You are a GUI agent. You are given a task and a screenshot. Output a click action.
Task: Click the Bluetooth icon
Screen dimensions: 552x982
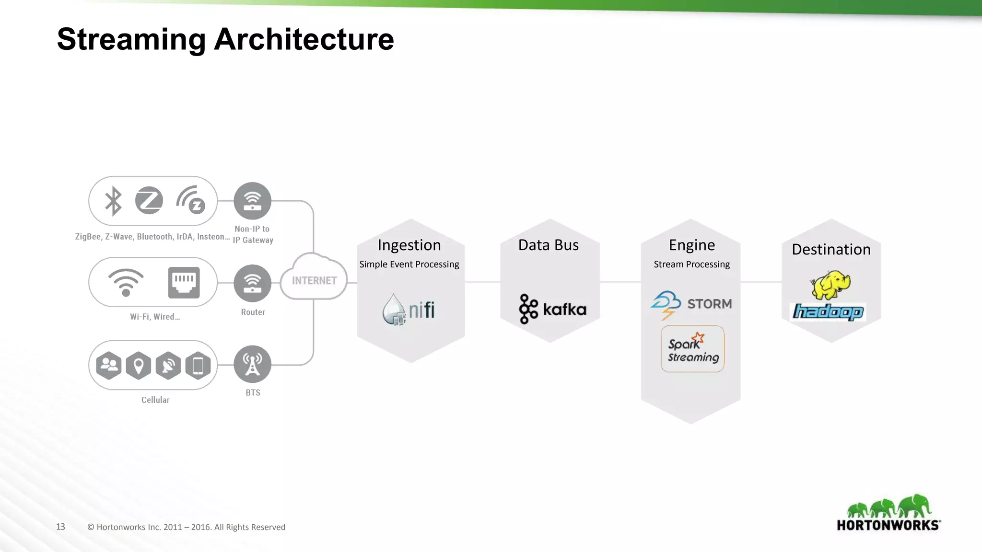point(113,201)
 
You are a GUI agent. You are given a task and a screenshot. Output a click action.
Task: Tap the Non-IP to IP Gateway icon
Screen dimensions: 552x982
point(252,201)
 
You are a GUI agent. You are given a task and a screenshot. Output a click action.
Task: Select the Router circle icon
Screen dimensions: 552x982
point(252,283)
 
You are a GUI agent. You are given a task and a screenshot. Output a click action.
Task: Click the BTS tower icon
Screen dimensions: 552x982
point(252,364)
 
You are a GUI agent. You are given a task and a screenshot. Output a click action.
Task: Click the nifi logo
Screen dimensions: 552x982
point(409,310)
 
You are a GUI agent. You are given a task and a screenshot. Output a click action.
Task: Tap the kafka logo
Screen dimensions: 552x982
point(552,309)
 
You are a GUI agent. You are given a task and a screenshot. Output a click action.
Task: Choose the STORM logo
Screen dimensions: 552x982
point(691,304)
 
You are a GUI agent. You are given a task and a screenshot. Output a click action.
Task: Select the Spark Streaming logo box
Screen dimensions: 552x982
point(692,349)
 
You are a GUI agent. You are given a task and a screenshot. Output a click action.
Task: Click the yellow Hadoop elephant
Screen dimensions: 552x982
point(830,284)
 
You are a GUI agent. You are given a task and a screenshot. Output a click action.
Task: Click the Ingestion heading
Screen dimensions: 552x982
point(409,245)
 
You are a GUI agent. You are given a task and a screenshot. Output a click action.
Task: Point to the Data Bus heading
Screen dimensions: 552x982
point(549,245)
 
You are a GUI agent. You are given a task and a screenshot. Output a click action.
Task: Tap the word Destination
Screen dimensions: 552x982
point(831,249)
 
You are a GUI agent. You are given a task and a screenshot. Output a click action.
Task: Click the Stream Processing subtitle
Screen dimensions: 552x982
point(691,264)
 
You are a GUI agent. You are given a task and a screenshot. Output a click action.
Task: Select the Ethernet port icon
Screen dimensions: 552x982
point(184,283)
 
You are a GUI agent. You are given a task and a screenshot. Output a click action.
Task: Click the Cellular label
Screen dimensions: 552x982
point(155,400)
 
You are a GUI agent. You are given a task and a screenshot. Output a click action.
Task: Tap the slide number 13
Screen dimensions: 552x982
point(60,527)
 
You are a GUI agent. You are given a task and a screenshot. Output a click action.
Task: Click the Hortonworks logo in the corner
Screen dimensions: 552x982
point(888,513)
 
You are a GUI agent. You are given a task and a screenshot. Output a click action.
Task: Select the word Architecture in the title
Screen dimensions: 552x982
point(304,39)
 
